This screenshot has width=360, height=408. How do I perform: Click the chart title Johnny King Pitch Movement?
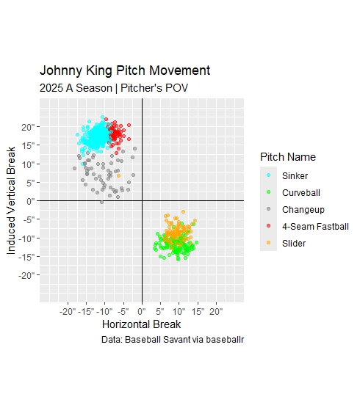click(x=125, y=71)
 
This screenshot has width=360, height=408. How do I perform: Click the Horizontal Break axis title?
click(x=141, y=324)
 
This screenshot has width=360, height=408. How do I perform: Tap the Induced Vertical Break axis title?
click(x=12, y=200)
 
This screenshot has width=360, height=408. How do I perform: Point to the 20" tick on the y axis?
click(x=28, y=126)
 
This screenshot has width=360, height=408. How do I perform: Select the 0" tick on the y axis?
click(x=30, y=200)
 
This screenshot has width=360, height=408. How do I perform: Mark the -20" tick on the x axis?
click(x=68, y=311)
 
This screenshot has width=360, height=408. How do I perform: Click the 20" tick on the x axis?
click(x=216, y=311)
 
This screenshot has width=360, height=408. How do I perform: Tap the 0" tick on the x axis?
click(x=142, y=311)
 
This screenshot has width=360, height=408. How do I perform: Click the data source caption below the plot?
click(x=172, y=340)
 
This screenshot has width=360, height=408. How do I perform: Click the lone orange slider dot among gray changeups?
click(x=119, y=175)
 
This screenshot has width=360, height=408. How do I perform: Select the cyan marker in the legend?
click(x=268, y=176)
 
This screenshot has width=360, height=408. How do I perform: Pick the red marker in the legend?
click(x=268, y=227)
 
